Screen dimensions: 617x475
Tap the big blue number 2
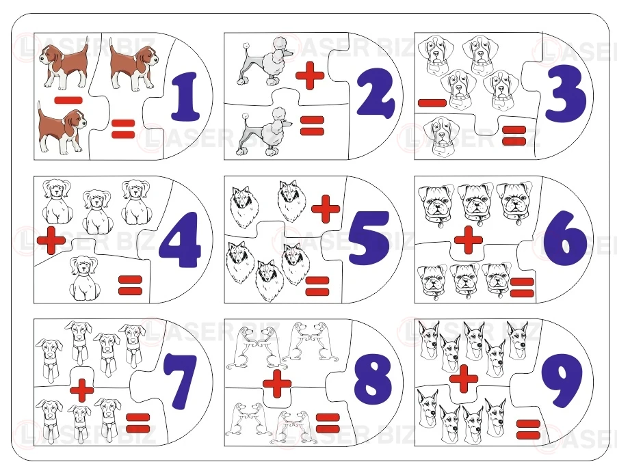tap(376, 94)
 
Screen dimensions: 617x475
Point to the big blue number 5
tap(369, 239)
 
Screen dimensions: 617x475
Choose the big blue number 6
tap(565, 237)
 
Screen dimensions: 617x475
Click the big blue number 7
tap(180, 383)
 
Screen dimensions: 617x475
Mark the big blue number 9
tap(562, 380)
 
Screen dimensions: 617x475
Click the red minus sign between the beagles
tap(68, 100)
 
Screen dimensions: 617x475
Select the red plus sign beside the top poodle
tap(310, 75)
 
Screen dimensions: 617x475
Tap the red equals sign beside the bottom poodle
tap(312, 126)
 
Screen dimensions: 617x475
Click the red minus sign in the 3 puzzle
tap(432, 103)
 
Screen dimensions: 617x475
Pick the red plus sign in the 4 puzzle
tap(51, 240)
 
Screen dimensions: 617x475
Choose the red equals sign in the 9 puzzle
tap(528, 429)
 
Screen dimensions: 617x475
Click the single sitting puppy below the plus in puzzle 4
tap(84, 278)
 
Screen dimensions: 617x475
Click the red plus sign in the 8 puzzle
tap(277, 383)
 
